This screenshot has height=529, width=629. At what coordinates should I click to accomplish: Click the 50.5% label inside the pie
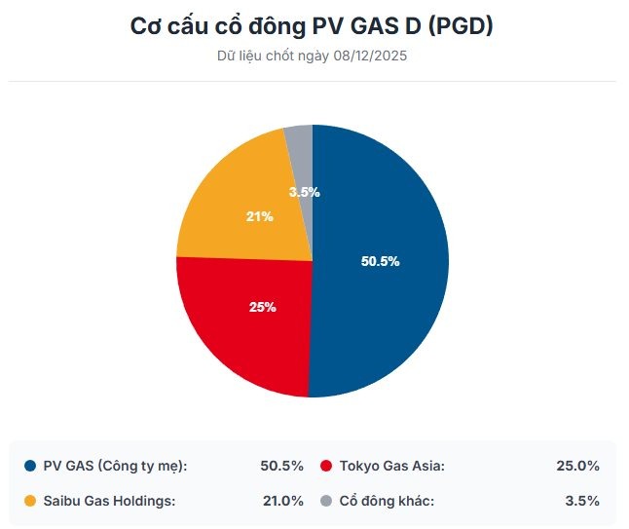click(x=380, y=261)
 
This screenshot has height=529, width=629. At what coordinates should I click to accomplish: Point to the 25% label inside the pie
click(x=263, y=307)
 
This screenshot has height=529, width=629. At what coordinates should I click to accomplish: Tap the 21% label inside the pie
click(x=260, y=216)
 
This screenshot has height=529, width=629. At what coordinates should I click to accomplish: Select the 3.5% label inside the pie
click(x=304, y=192)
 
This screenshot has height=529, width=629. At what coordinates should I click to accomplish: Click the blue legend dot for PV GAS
click(x=30, y=466)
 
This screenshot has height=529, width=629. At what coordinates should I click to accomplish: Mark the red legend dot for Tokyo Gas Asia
click(x=327, y=466)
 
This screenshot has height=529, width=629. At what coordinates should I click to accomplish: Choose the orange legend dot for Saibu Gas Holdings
click(x=30, y=501)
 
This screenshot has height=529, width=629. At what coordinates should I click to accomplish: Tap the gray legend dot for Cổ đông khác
click(x=327, y=501)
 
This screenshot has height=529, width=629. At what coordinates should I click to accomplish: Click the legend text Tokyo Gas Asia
click(x=391, y=466)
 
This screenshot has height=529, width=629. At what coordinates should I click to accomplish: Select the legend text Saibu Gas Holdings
click(x=108, y=501)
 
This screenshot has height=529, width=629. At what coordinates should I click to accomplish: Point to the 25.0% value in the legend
click(x=577, y=466)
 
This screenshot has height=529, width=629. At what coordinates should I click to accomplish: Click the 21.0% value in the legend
click(x=282, y=501)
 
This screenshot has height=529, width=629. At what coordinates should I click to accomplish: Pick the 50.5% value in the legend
click(x=282, y=466)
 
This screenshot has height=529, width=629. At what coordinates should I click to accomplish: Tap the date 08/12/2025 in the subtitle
click(x=369, y=56)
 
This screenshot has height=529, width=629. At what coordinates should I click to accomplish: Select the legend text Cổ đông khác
click(x=387, y=501)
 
